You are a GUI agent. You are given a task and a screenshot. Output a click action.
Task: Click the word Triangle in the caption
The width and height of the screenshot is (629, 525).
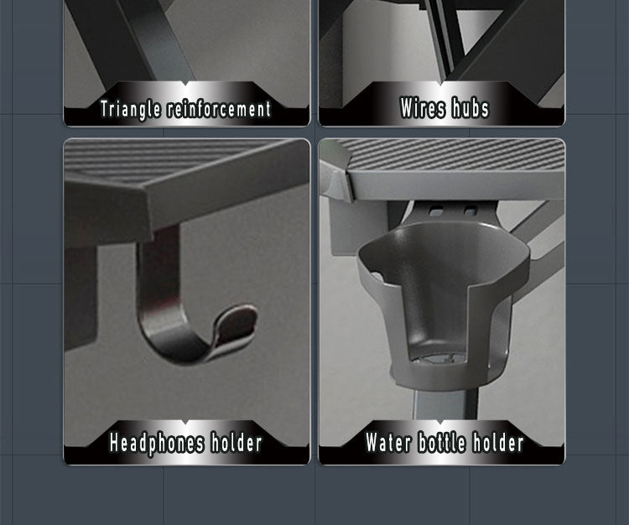[x=130, y=110]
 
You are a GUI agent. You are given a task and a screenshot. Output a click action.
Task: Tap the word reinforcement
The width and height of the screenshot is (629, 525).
[x=219, y=109]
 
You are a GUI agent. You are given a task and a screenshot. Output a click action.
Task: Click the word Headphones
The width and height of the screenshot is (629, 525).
[x=157, y=444]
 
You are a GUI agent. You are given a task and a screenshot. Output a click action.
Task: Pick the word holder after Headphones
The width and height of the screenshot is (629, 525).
[x=237, y=443]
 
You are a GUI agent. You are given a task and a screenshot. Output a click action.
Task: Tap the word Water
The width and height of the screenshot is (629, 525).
[x=388, y=442]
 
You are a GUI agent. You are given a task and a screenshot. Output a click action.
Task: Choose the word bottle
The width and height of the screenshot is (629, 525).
[x=442, y=442]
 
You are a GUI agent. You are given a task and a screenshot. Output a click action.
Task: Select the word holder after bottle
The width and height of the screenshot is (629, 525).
[x=498, y=442]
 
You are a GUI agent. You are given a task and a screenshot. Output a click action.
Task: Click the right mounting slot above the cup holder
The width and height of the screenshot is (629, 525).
[x=470, y=210]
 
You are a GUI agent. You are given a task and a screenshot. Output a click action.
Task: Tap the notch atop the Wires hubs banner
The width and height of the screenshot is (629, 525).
[x=441, y=83]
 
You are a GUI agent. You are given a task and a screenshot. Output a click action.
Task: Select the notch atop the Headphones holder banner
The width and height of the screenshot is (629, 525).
[x=185, y=423]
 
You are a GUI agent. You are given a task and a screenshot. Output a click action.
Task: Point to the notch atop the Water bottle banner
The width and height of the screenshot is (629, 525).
[x=440, y=423]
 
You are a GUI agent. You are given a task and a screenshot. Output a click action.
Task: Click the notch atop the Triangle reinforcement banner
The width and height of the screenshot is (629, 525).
[x=185, y=83]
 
